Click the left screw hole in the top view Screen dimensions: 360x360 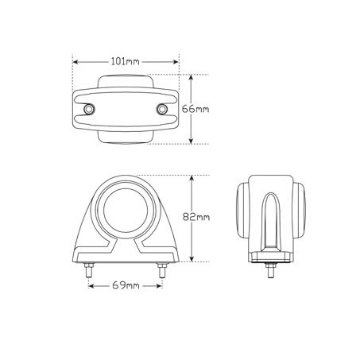[88, 109]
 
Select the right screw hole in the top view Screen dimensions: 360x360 [163, 109]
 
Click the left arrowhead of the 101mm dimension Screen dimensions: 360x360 [75, 60]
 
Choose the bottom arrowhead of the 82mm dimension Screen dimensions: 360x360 [192, 261]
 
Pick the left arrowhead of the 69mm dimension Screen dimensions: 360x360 [91, 284]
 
